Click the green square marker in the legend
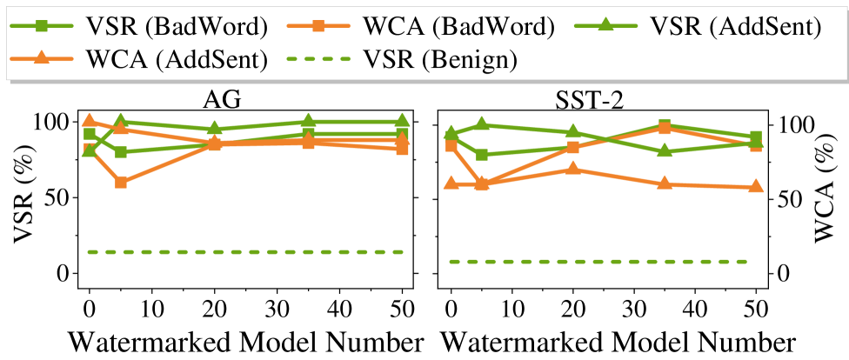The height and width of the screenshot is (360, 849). pyautogui.click(x=41, y=26)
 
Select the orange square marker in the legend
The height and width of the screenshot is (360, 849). pyautogui.click(x=318, y=26)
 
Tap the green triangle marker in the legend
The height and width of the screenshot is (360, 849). pyautogui.click(x=605, y=24)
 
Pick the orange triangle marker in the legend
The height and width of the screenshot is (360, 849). pyautogui.click(x=41, y=57)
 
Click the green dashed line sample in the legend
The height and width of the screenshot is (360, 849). pyautogui.click(x=318, y=59)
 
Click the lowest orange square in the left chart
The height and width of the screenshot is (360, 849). pyautogui.click(x=121, y=182)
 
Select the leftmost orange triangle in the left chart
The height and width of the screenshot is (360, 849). pyautogui.click(x=89, y=120)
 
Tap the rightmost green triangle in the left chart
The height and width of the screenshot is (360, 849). pyautogui.click(x=402, y=120)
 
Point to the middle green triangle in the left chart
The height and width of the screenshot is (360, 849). pyautogui.click(x=215, y=128)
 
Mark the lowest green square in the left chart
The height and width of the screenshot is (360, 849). pyautogui.click(x=121, y=152)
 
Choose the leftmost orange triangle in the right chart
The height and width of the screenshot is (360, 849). pyautogui.click(x=451, y=183)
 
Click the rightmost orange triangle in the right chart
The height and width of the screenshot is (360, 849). pyautogui.click(x=755, y=186)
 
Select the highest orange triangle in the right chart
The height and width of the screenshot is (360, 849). pyautogui.click(x=572, y=168)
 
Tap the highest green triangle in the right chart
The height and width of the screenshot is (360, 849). pyautogui.click(x=482, y=123)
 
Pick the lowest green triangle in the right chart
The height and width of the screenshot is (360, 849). pyautogui.click(x=665, y=150)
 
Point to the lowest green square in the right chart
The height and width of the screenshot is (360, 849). pyautogui.click(x=482, y=155)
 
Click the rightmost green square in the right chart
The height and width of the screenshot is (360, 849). pyautogui.click(x=755, y=137)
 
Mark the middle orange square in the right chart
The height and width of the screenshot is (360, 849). pyautogui.click(x=572, y=147)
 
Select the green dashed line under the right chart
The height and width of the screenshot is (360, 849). pyautogui.click(x=598, y=262)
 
